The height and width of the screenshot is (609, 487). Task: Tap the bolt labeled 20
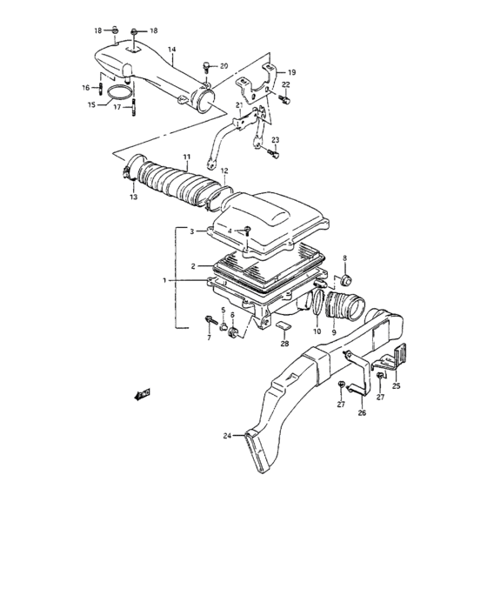click(x=204, y=67)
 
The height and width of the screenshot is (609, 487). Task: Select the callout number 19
click(x=292, y=72)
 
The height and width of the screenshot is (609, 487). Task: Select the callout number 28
click(x=284, y=345)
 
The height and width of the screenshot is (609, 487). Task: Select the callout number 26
click(x=361, y=413)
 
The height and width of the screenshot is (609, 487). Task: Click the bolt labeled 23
click(x=273, y=155)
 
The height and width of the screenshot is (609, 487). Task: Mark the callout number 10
click(x=317, y=331)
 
